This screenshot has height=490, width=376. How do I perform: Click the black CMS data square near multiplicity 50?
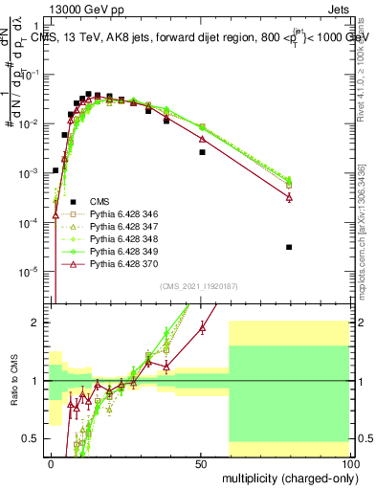tap(202, 152)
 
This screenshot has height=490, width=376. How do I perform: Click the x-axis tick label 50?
tap(200, 462)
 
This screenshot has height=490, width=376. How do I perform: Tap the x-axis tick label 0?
tap(51, 462)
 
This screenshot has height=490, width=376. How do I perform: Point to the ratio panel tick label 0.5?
tap(35, 438)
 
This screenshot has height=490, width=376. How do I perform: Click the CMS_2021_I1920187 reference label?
tap(198, 285)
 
